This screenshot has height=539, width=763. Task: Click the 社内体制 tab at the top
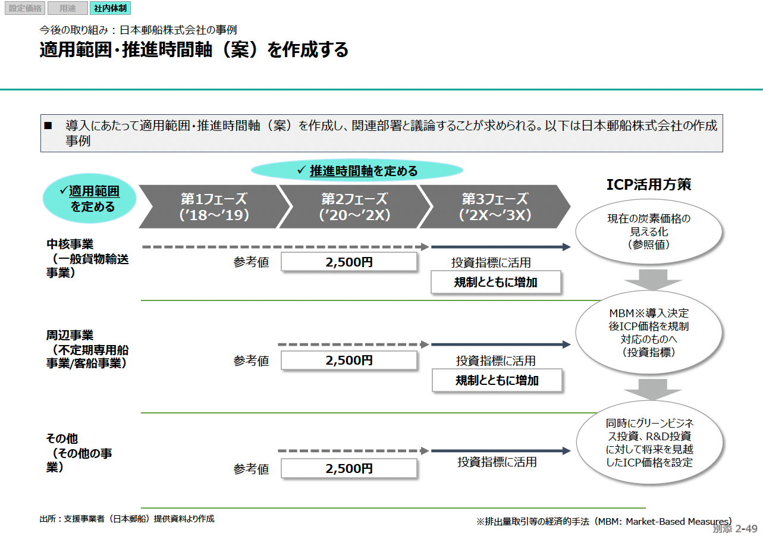pos(110,8)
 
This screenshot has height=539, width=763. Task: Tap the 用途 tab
pos(67,8)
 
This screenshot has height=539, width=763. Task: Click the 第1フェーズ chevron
pos(213,206)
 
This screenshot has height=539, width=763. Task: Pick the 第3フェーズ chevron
pos(494,206)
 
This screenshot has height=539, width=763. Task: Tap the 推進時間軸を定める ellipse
pos(357,171)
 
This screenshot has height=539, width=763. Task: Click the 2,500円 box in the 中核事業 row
pos(348,262)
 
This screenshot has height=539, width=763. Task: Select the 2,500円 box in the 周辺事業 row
pos(348,361)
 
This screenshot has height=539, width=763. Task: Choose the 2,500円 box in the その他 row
pos(348,469)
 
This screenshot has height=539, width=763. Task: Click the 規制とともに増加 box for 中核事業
pos(496,283)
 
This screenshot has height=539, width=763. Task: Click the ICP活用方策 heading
pos(648,184)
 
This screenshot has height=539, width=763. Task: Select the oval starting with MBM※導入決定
pos(648,332)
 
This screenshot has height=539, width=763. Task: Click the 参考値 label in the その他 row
pos(251,469)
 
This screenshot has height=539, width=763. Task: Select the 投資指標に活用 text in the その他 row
pos(497,462)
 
